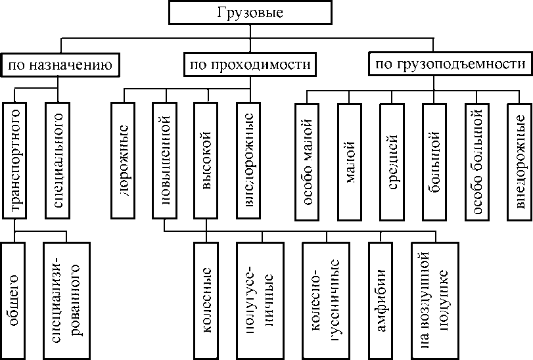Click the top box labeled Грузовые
pyautogui.click(x=249, y=12)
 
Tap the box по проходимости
pyautogui.click(x=249, y=65)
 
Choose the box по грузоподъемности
pyautogui.click(x=450, y=65)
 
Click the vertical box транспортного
pyautogui.click(x=16, y=159)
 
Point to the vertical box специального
pyautogui.click(x=58, y=159)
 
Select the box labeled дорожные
pyautogui.click(x=124, y=159)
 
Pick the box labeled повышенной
pyautogui.click(x=165, y=159)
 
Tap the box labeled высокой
pyautogui.click(x=206, y=159)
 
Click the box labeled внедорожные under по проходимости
pyautogui.click(x=248, y=159)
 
